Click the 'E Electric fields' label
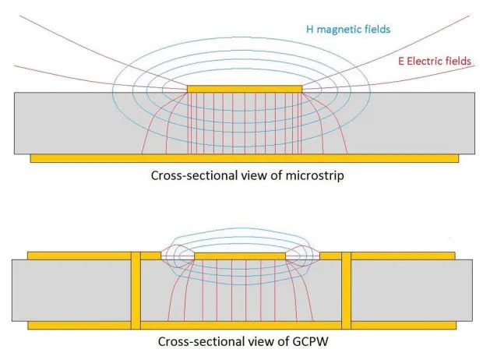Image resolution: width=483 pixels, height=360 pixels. pos(433,60)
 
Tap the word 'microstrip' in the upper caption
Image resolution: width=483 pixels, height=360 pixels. pos(316,176)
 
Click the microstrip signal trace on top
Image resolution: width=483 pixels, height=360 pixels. pos(245,89)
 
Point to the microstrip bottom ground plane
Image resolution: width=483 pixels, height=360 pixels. pos(244,158)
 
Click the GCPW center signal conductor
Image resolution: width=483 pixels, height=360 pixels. pos(241,255)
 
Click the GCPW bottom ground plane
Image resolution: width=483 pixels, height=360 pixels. pos(241,324)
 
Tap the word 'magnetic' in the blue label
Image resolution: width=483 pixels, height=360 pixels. pos(334,30)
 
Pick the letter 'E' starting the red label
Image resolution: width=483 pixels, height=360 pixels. pos(401,60)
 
